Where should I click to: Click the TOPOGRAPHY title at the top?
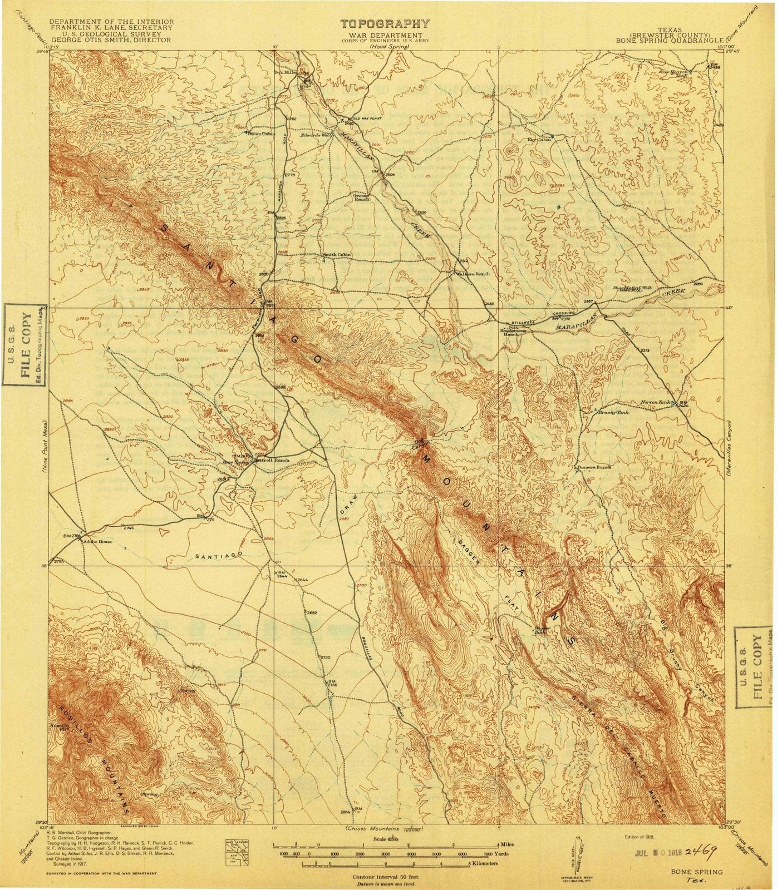[x=385, y=23]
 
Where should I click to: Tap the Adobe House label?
[x=99, y=541]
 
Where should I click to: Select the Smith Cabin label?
[x=337, y=255]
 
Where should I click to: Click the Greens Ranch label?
[x=362, y=197]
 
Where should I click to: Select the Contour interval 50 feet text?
[x=385, y=876]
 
